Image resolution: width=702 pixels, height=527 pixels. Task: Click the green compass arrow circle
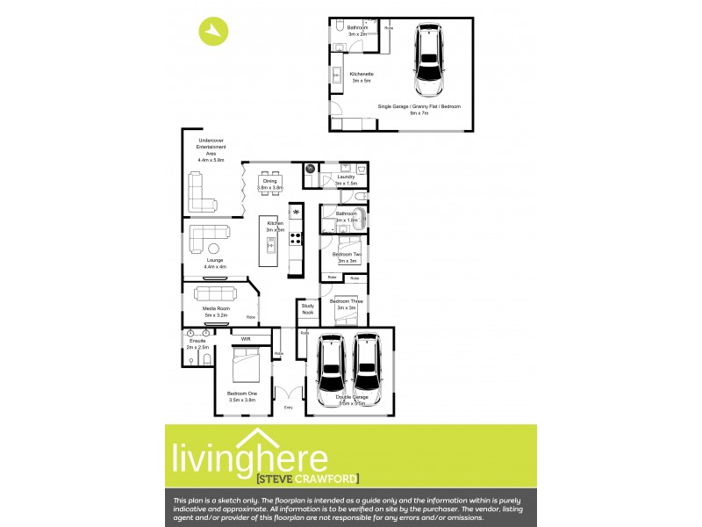click(213, 32)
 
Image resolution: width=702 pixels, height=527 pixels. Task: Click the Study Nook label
click(308, 309)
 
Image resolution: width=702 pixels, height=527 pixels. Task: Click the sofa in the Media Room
click(216, 292)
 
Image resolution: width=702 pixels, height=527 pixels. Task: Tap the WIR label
click(245, 337)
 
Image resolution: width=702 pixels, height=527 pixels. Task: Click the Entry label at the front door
click(289, 408)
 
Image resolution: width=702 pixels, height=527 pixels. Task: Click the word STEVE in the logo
click(276, 479)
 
